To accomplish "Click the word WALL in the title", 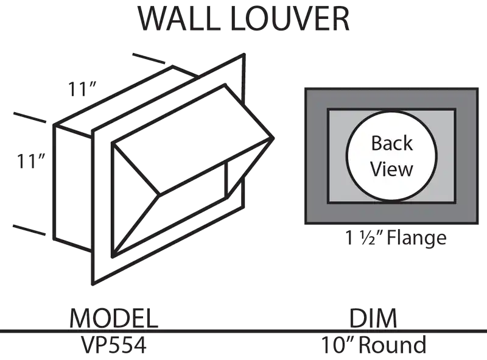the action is tap(179, 19).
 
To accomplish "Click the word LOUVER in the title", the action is tap(291, 19).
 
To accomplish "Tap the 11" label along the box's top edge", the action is tap(82, 89).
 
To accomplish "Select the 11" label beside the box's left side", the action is tap(31, 161).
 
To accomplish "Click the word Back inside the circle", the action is tap(392, 143).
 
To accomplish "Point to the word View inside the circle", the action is tap(391, 169).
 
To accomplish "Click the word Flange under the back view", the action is tap(416, 238).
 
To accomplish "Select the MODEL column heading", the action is tap(114, 318).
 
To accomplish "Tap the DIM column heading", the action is tap(373, 318).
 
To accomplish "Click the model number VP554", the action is tap(114, 345).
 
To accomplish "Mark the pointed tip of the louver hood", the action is tap(273, 138).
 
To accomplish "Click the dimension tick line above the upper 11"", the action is tap(149, 58).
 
